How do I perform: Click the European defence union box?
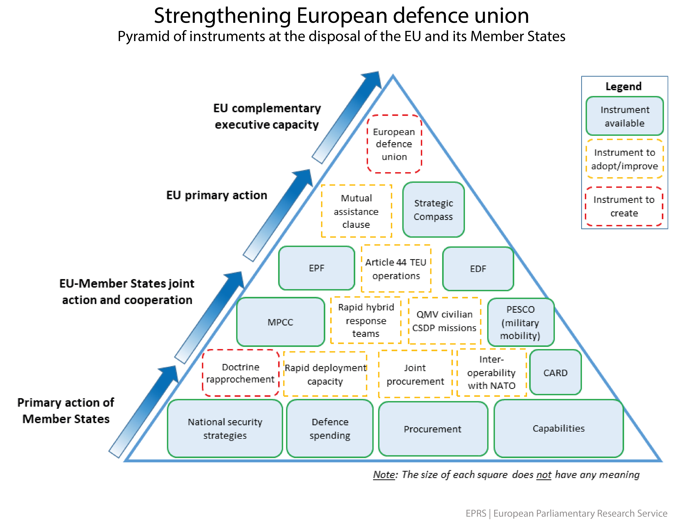pos(394,144)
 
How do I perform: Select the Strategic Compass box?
pos(433,210)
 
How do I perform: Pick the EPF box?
pos(317,268)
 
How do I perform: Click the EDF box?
pos(478,269)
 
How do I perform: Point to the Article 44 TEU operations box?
pos(396,269)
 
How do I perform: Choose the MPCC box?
pos(280,322)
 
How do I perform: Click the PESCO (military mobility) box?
pos(521,322)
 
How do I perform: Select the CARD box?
pos(555,373)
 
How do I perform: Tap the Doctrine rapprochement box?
pos(240,373)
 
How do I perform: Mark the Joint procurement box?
pos(415,374)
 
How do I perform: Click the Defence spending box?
pos(330,428)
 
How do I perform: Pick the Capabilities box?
pos(558,428)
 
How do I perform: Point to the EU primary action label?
pos(217,195)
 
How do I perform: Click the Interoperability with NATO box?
pos(491,373)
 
